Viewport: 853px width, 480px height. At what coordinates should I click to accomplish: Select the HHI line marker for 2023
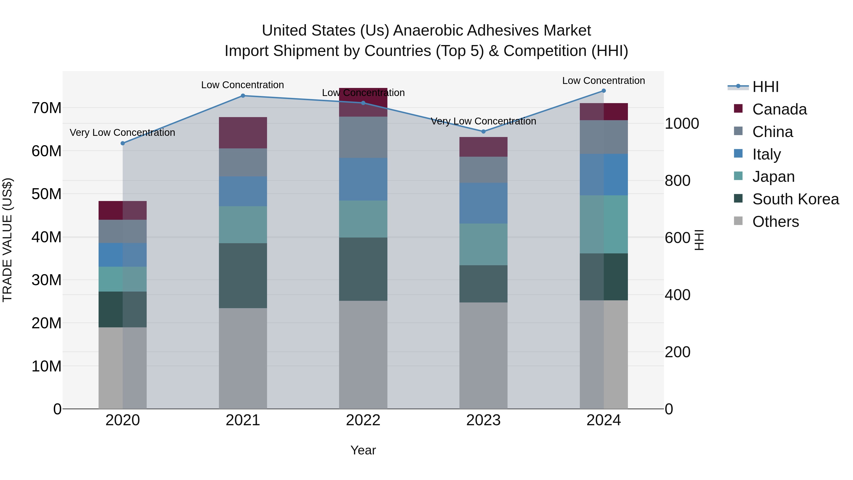click(483, 132)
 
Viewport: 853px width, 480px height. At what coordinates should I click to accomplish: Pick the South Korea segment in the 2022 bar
click(363, 269)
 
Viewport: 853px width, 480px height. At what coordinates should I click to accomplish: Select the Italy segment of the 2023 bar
click(483, 203)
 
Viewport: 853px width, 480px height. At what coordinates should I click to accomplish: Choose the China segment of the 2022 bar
click(363, 137)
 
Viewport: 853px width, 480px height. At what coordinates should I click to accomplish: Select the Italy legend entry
click(766, 154)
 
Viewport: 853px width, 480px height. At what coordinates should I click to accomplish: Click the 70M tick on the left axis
click(46, 108)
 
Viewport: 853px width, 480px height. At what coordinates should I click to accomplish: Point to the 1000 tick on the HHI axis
click(682, 123)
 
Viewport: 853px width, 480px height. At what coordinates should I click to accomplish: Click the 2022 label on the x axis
click(363, 420)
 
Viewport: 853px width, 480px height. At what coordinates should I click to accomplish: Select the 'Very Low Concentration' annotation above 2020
click(122, 133)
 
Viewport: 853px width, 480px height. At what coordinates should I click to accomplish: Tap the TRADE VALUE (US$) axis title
click(8, 240)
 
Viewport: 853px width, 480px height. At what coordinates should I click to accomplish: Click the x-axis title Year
click(363, 450)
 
